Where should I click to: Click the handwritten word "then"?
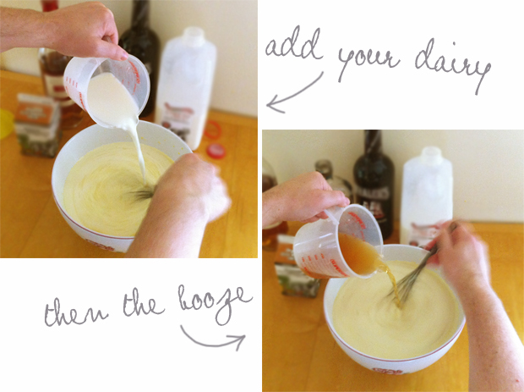coord(76,311)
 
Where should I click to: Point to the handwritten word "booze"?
coord(214,303)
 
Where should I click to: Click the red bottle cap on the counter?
coord(216,151)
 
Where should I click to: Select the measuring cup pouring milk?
coord(107,91)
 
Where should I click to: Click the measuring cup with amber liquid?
coord(338,241)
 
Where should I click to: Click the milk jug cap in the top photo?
coord(193,35)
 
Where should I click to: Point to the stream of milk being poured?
coord(139,154)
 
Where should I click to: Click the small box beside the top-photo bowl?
coord(38,124)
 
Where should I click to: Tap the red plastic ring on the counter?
coord(212,130)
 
